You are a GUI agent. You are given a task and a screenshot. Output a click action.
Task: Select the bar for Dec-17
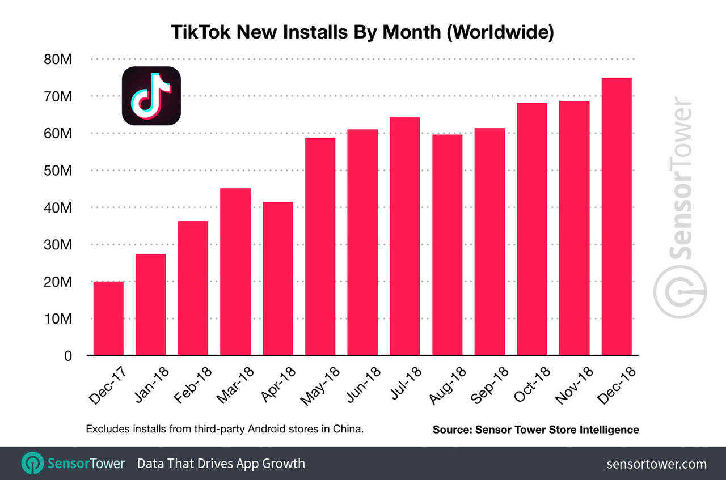pos(108,318)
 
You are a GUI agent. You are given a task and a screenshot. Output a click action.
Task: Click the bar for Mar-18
pos(235,272)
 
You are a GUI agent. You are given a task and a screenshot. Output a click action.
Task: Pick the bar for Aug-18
pos(447,245)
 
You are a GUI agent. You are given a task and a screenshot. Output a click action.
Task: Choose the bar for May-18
pos(320,247)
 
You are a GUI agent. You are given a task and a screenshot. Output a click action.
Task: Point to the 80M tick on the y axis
pos(58,59)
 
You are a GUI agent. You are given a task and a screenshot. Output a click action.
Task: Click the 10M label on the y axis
pos(58,319)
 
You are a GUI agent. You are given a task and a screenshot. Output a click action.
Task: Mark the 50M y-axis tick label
pos(58,171)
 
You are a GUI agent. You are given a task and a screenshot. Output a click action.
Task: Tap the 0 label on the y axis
pos(68,356)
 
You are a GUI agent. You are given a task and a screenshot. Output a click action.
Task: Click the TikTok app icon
pos(151,95)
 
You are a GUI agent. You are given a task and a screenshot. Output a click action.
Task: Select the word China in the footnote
pos(347,429)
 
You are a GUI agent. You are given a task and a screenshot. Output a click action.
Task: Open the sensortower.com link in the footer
pos(656,464)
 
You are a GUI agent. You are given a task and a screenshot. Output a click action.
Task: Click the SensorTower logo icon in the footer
pos(32,463)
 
